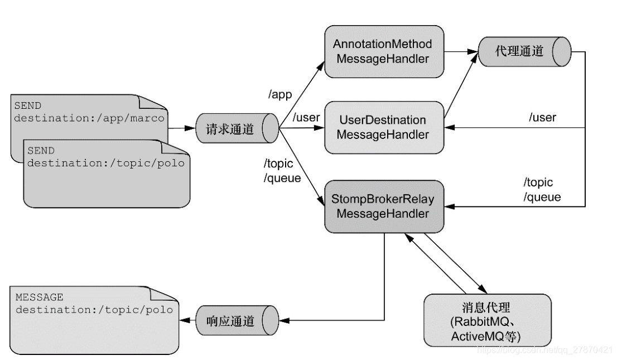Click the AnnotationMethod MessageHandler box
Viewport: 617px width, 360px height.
tap(384, 51)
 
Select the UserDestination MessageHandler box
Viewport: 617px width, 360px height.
tap(384, 127)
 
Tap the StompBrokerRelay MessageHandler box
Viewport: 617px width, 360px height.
tap(384, 207)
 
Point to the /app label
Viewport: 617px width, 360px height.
tap(279, 95)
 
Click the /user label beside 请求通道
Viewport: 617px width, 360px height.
tap(306, 118)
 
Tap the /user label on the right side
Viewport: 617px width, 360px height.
tap(542, 118)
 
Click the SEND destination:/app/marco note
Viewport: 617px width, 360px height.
tap(84, 112)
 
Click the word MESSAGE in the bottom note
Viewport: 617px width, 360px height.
tap(39, 297)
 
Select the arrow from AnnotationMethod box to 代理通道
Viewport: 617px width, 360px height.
tap(460, 51)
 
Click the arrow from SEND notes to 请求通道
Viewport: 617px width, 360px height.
tap(181, 129)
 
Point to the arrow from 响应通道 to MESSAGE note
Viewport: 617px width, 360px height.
tap(186, 321)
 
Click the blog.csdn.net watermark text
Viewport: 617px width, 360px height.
tap(544, 349)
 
